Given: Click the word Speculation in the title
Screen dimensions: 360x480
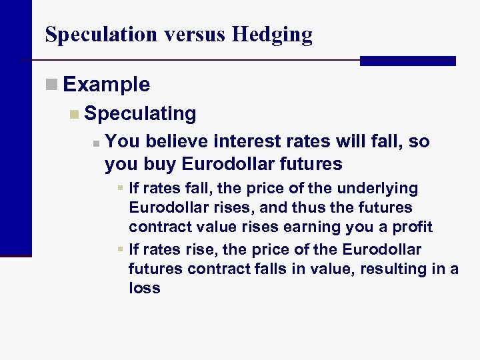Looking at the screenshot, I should (x=91, y=35).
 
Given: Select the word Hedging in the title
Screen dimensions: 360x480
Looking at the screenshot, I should (x=272, y=35).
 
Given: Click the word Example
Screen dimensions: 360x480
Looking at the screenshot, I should (x=107, y=85).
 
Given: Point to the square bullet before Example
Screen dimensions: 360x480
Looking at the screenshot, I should (x=52, y=84).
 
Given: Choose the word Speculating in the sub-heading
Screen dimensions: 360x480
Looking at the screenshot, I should (x=141, y=114).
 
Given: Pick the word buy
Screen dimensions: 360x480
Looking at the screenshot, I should (x=157, y=164).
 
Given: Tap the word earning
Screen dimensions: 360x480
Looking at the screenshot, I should (x=310, y=227).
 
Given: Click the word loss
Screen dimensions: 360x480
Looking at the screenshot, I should (x=145, y=288).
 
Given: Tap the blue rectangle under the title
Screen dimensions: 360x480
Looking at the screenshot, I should (x=407, y=61).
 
